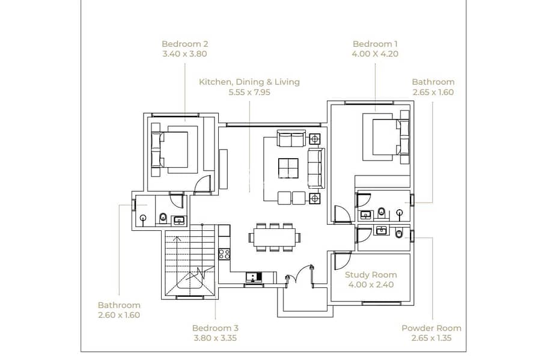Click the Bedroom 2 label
pyautogui.click(x=185, y=44)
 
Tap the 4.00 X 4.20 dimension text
pyautogui.click(x=375, y=54)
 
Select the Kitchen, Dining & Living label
pyautogui.click(x=249, y=82)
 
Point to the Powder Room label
pyautogui.click(x=431, y=328)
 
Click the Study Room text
pyautogui.click(x=371, y=275)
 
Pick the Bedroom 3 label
pyautogui.click(x=215, y=328)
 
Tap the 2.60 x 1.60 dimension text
pyautogui.click(x=119, y=315)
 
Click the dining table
pyautogui.click(x=275, y=237)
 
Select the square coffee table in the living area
pyautogui.click(x=288, y=168)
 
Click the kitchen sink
pyautogui.click(x=254, y=277)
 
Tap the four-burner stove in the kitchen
pyautogui.click(x=224, y=254)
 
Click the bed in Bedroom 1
pyautogui.click(x=386, y=136)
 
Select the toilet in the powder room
pyautogui.click(x=398, y=233)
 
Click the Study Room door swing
pyautogui.click(x=342, y=260)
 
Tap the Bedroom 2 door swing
pyautogui.click(x=202, y=183)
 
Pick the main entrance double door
pyautogui.click(x=300, y=276)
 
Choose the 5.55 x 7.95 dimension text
pyautogui.click(x=249, y=93)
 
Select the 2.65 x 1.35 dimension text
pyautogui.click(x=431, y=338)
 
